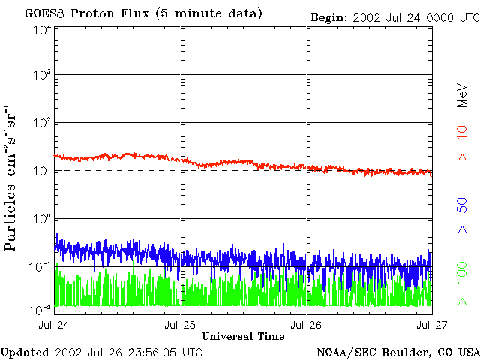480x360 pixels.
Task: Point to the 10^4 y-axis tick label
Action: [42, 29]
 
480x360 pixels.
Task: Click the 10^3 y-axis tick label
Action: [42, 75]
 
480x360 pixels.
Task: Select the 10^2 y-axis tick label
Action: [42, 123]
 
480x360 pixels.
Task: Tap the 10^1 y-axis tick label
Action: [42, 170]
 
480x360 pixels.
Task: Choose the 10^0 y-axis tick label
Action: [42, 218]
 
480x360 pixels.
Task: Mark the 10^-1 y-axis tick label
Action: [40, 266]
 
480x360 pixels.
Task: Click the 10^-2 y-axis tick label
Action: [40, 309]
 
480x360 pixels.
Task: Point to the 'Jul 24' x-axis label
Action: [55, 325]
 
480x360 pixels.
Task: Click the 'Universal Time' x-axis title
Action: [243, 336]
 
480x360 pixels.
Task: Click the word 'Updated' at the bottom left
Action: [25, 352]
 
